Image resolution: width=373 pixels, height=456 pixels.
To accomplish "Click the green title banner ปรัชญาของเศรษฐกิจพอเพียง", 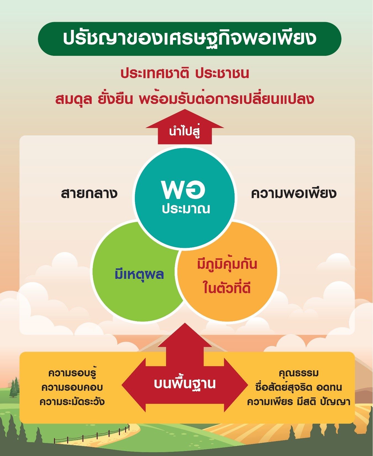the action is (190, 39).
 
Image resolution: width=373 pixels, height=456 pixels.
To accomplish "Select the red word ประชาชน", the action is (222, 74).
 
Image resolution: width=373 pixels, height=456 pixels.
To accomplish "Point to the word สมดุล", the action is (73, 99).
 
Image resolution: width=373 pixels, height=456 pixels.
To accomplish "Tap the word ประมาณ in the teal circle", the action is (186, 209).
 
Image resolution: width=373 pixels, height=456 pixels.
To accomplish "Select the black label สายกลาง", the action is (89, 193).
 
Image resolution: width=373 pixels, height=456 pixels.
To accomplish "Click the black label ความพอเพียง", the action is (294, 193).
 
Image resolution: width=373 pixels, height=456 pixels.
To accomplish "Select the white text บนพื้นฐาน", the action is (185, 384).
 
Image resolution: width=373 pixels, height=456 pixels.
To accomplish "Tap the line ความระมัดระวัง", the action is (72, 401).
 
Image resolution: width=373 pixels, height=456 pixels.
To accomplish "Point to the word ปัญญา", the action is (335, 402).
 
